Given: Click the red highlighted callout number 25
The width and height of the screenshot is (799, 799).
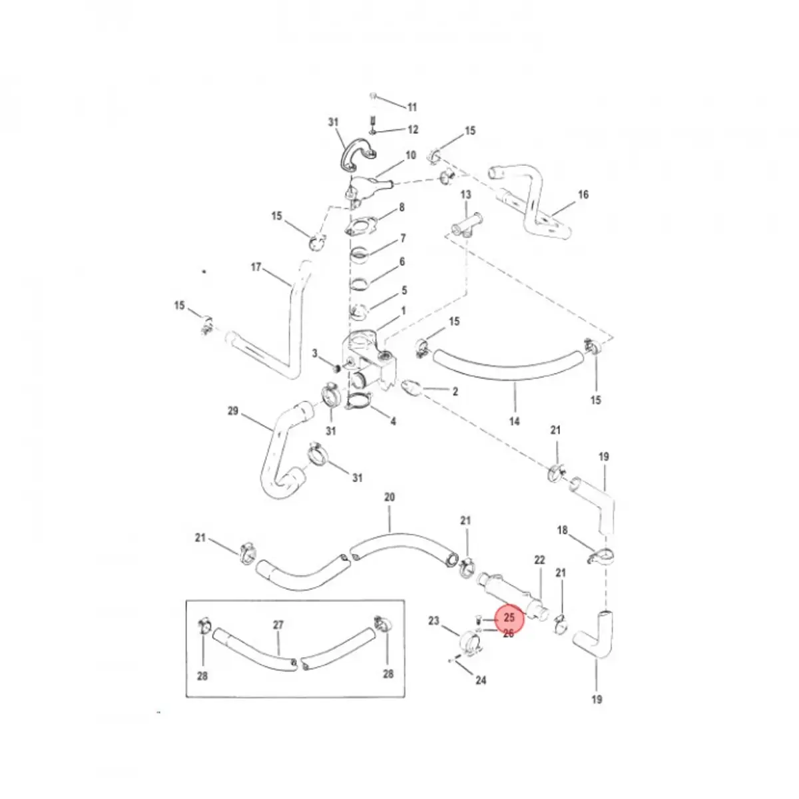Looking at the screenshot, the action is (x=509, y=617).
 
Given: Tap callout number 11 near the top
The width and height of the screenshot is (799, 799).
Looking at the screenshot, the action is (x=411, y=108).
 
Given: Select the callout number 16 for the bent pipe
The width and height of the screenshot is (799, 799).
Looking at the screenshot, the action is (x=583, y=194).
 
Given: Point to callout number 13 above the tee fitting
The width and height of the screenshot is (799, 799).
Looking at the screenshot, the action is (x=465, y=194).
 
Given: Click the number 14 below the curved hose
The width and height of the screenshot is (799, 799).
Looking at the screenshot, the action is (x=514, y=421).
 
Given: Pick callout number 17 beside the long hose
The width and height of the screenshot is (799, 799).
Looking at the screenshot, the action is (x=256, y=267).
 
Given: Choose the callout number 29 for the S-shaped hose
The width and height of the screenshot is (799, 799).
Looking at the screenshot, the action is (x=233, y=411).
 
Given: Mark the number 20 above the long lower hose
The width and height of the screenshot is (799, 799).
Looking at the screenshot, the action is (x=390, y=497).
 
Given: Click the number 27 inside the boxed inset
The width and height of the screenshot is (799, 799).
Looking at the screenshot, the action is (x=278, y=625).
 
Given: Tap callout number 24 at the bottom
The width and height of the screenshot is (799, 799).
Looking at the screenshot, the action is (x=481, y=680).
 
